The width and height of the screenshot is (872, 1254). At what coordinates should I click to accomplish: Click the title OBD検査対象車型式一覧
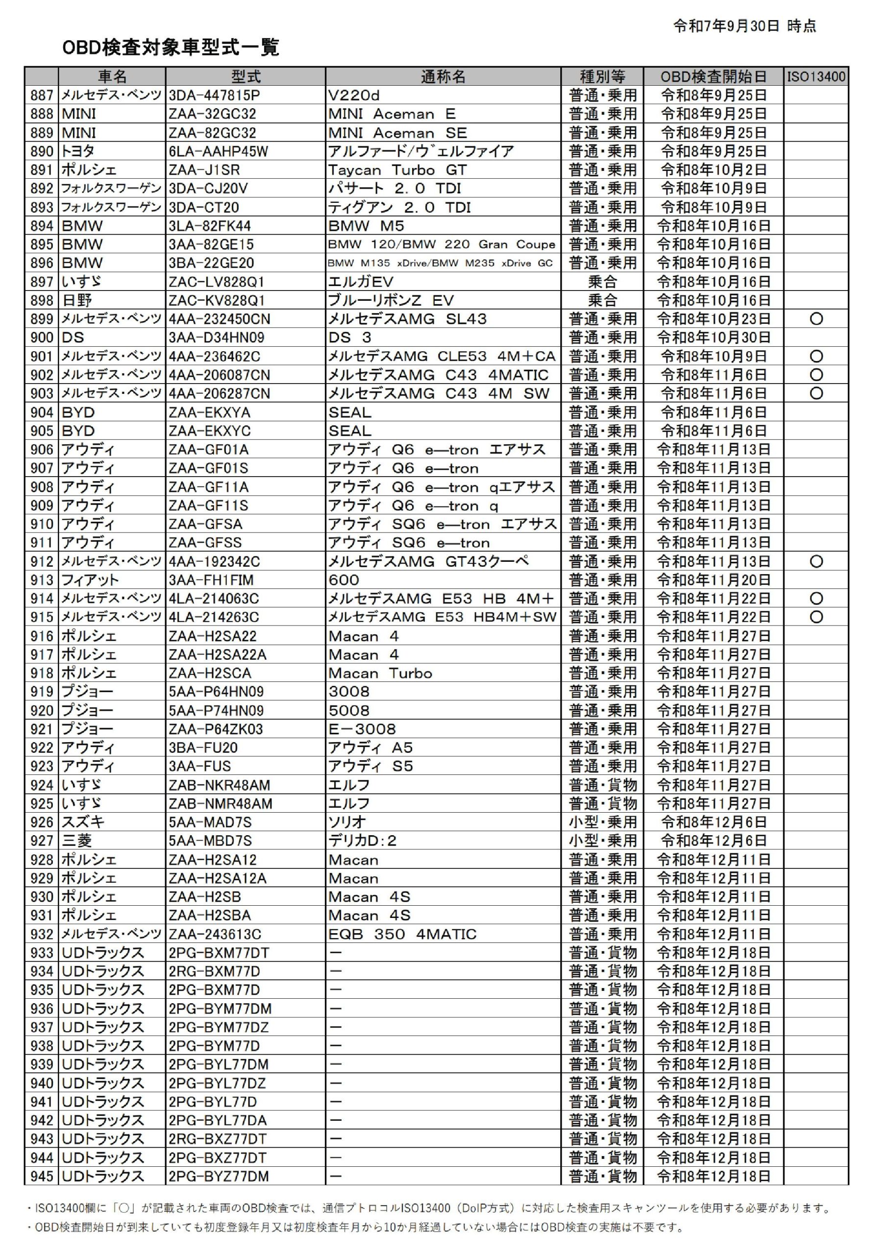(x=171, y=48)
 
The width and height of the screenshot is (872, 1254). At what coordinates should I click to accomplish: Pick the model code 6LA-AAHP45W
(x=218, y=151)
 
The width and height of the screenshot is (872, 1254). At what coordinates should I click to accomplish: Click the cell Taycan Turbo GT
(x=397, y=170)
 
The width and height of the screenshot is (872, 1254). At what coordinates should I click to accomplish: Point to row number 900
(x=42, y=338)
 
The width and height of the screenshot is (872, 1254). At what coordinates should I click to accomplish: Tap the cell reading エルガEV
(x=361, y=282)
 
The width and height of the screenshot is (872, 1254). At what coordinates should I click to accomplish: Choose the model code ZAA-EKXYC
(x=209, y=431)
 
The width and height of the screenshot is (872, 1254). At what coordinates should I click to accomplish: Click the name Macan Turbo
(x=380, y=673)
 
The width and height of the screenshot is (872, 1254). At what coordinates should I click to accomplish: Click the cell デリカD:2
(x=362, y=841)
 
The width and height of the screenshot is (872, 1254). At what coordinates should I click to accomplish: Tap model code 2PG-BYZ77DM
(x=219, y=1177)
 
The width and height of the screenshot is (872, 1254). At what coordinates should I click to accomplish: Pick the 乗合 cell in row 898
(x=602, y=300)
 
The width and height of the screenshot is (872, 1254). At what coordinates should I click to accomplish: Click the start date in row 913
(x=713, y=580)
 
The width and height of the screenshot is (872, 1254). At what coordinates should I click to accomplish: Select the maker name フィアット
(x=90, y=580)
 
